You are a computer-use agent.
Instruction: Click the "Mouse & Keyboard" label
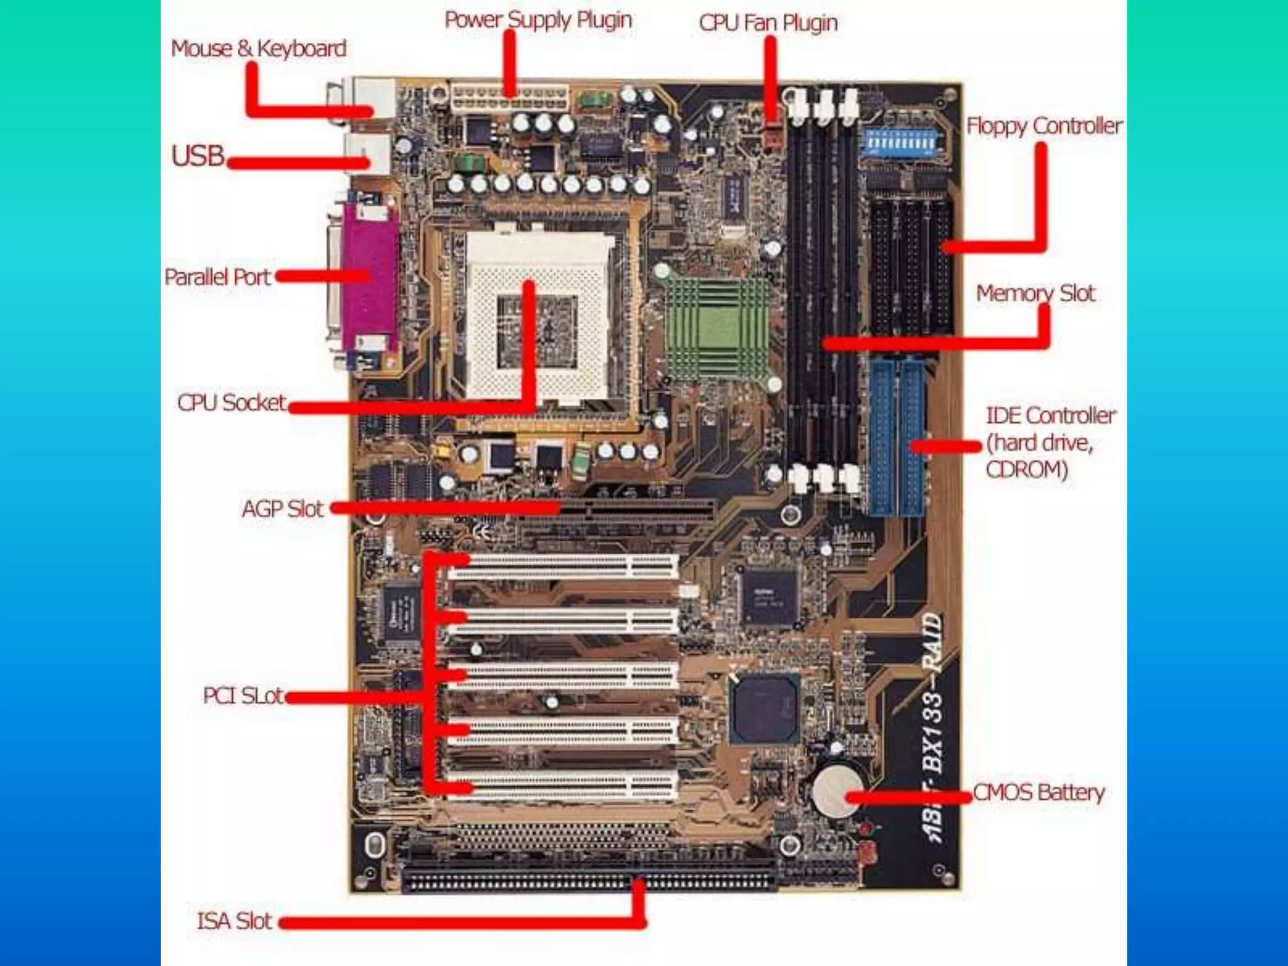pyautogui.click(x=258, y=48)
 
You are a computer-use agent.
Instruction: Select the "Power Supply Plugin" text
pyautogui.click(x=538, y=20)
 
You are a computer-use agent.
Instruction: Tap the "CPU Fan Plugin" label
pyautogui.click(x=768, y=23)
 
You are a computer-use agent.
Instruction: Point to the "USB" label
pyautogui.click(x=197, y=156)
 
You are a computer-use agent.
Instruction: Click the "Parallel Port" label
pyautogui.click(x=217, y=277)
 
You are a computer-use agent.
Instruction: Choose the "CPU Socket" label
pyautogui.click(x=231, y=402)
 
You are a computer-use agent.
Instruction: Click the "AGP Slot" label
pyautogui.click(x=282, y=509)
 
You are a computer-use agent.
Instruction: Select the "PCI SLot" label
pyautogui.click(x=243, y=696)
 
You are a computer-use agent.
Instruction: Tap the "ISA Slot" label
pyautogui.click(x=234, y=921)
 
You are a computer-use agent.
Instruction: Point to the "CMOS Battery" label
pyautogui.click(x=1038, y=792)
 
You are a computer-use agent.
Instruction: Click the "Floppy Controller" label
pyautogui.click(x=1044, y=126)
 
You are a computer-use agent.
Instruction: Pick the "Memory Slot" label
pyautogui.click(x=1035, y=293)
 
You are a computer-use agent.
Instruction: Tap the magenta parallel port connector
pyautogui.click(x=371, y=277)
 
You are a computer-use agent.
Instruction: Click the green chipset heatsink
pyautogui.click(x=717, y=327)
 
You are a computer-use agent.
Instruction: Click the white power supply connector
pyautogui.click(x=509, y=99)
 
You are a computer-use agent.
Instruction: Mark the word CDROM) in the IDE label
pyautogui.click(x=1026, y=470)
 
